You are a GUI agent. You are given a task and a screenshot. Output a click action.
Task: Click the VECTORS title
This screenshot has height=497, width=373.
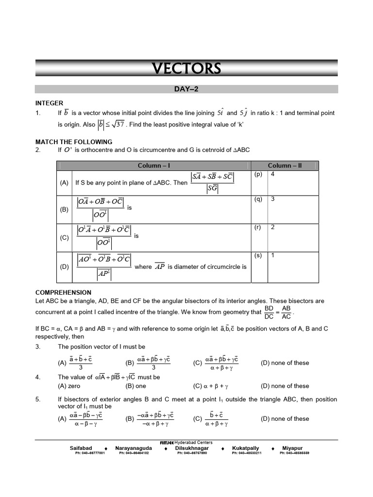(186, 69)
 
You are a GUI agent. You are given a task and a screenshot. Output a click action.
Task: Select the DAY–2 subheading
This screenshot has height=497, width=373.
(186, 89)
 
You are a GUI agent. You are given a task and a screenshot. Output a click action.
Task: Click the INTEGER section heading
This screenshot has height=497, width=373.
(49, 103)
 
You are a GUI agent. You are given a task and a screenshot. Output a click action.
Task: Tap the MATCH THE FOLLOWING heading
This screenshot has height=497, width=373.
(74, 142)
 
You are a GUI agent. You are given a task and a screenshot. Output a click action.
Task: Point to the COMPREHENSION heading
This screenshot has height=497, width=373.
(63, 293)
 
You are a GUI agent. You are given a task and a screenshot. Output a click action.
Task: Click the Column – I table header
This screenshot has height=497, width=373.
(154, 166)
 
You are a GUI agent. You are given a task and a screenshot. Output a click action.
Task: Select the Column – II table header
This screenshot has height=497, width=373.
(285, 166)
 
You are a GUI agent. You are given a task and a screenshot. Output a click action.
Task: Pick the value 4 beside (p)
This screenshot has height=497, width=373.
(273, 174)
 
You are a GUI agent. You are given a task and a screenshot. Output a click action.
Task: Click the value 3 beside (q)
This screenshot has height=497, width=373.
(273, 199)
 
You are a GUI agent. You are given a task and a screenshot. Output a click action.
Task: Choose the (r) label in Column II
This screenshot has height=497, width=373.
(258, 227)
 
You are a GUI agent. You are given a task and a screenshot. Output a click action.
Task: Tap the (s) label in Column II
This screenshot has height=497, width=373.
(258, 255)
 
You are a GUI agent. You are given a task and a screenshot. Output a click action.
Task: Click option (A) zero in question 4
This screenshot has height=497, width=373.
(69, 386)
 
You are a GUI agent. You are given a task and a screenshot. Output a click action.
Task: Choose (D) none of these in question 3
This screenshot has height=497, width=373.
(285, 363)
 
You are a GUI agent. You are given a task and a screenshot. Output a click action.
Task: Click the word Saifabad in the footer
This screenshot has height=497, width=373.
(81, 448)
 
